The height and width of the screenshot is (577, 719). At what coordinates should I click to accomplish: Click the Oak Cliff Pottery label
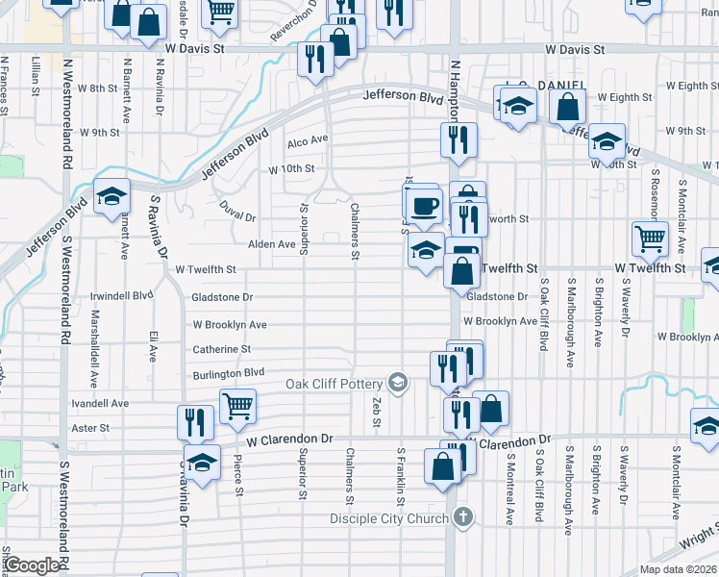click(x=335, y=385)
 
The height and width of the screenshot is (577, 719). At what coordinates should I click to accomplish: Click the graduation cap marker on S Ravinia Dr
click(x=202, y=463)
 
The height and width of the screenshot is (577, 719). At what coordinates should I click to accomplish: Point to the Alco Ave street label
click(x=308, y=139)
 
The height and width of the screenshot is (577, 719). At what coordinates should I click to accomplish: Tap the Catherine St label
click(x=221, y=349)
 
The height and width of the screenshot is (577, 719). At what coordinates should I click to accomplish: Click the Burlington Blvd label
click(x=228, y=372)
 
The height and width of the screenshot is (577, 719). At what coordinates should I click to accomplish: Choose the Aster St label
click(x=91, y=427)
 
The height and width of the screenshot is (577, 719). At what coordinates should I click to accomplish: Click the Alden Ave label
click(x=272, y=244)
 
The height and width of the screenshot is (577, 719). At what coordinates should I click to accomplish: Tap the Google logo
click(x=33, y=565)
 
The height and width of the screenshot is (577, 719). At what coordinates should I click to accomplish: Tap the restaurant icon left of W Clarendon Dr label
click(x=195, y=422)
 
